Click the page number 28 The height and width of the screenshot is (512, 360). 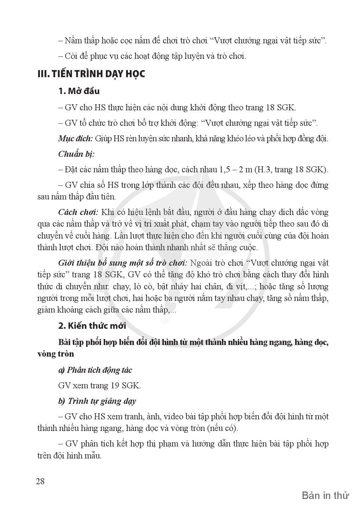(x=41, y=481)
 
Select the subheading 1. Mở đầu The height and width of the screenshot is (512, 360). (x=79, y=91)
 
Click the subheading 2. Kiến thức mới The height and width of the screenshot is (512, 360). (x=92, y=326)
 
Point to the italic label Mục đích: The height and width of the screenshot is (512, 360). (x=75, y=138)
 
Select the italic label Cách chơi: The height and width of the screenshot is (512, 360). (x=78, y=212)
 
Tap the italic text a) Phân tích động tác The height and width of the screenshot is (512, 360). (x=95, y=370)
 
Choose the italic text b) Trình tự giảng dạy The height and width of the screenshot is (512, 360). (x=97, y=401)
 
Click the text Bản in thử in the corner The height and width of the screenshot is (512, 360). (x=325, y=496)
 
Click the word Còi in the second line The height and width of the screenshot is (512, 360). (x=72, y=56)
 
